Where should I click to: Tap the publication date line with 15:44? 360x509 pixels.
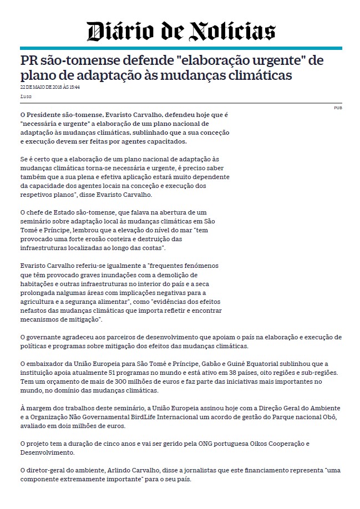(50, 87)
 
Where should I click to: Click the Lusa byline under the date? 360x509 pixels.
(25, 96)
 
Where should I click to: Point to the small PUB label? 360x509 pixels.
(338, 108)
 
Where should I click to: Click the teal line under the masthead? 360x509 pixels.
(180, 48)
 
